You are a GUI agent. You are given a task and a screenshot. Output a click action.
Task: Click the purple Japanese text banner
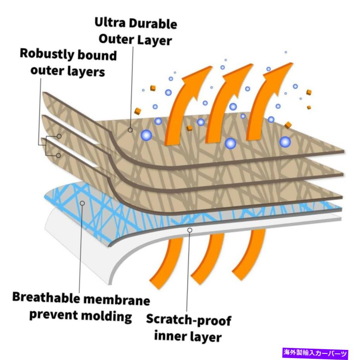[x=315, y=353]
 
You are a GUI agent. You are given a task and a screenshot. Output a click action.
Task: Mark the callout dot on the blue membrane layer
[x=82, y=203]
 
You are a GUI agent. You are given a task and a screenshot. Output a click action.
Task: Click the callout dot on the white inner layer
[x=190, y=230]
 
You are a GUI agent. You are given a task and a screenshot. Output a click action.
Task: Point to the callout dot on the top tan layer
[x=131, y=130]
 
